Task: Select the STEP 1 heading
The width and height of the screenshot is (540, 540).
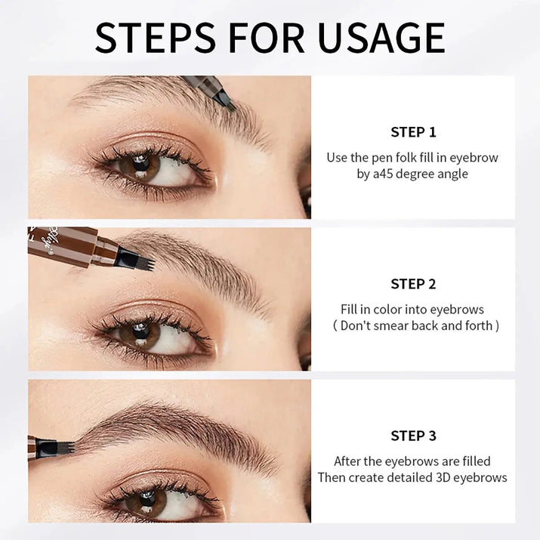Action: pyautogui.click(x=413, y=132)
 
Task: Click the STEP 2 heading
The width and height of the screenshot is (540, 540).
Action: pyautogui.click(x=413, y=284)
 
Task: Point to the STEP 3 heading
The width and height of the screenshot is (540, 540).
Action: pyautogui.click(x=413, y=436)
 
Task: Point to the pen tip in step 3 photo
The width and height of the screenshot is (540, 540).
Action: pyautogui.click(x=64, y=448)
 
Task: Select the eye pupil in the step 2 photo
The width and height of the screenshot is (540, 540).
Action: pyautogui.click(x=139, y=333)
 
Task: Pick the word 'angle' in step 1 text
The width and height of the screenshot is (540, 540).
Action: pyautogui.click(x=452, y=174)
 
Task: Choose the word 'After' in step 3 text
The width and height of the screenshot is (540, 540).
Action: pyautogui.click(x=348, y=461)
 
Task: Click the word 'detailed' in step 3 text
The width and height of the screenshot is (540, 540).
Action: pyautogui.click(x=404, y=477)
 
